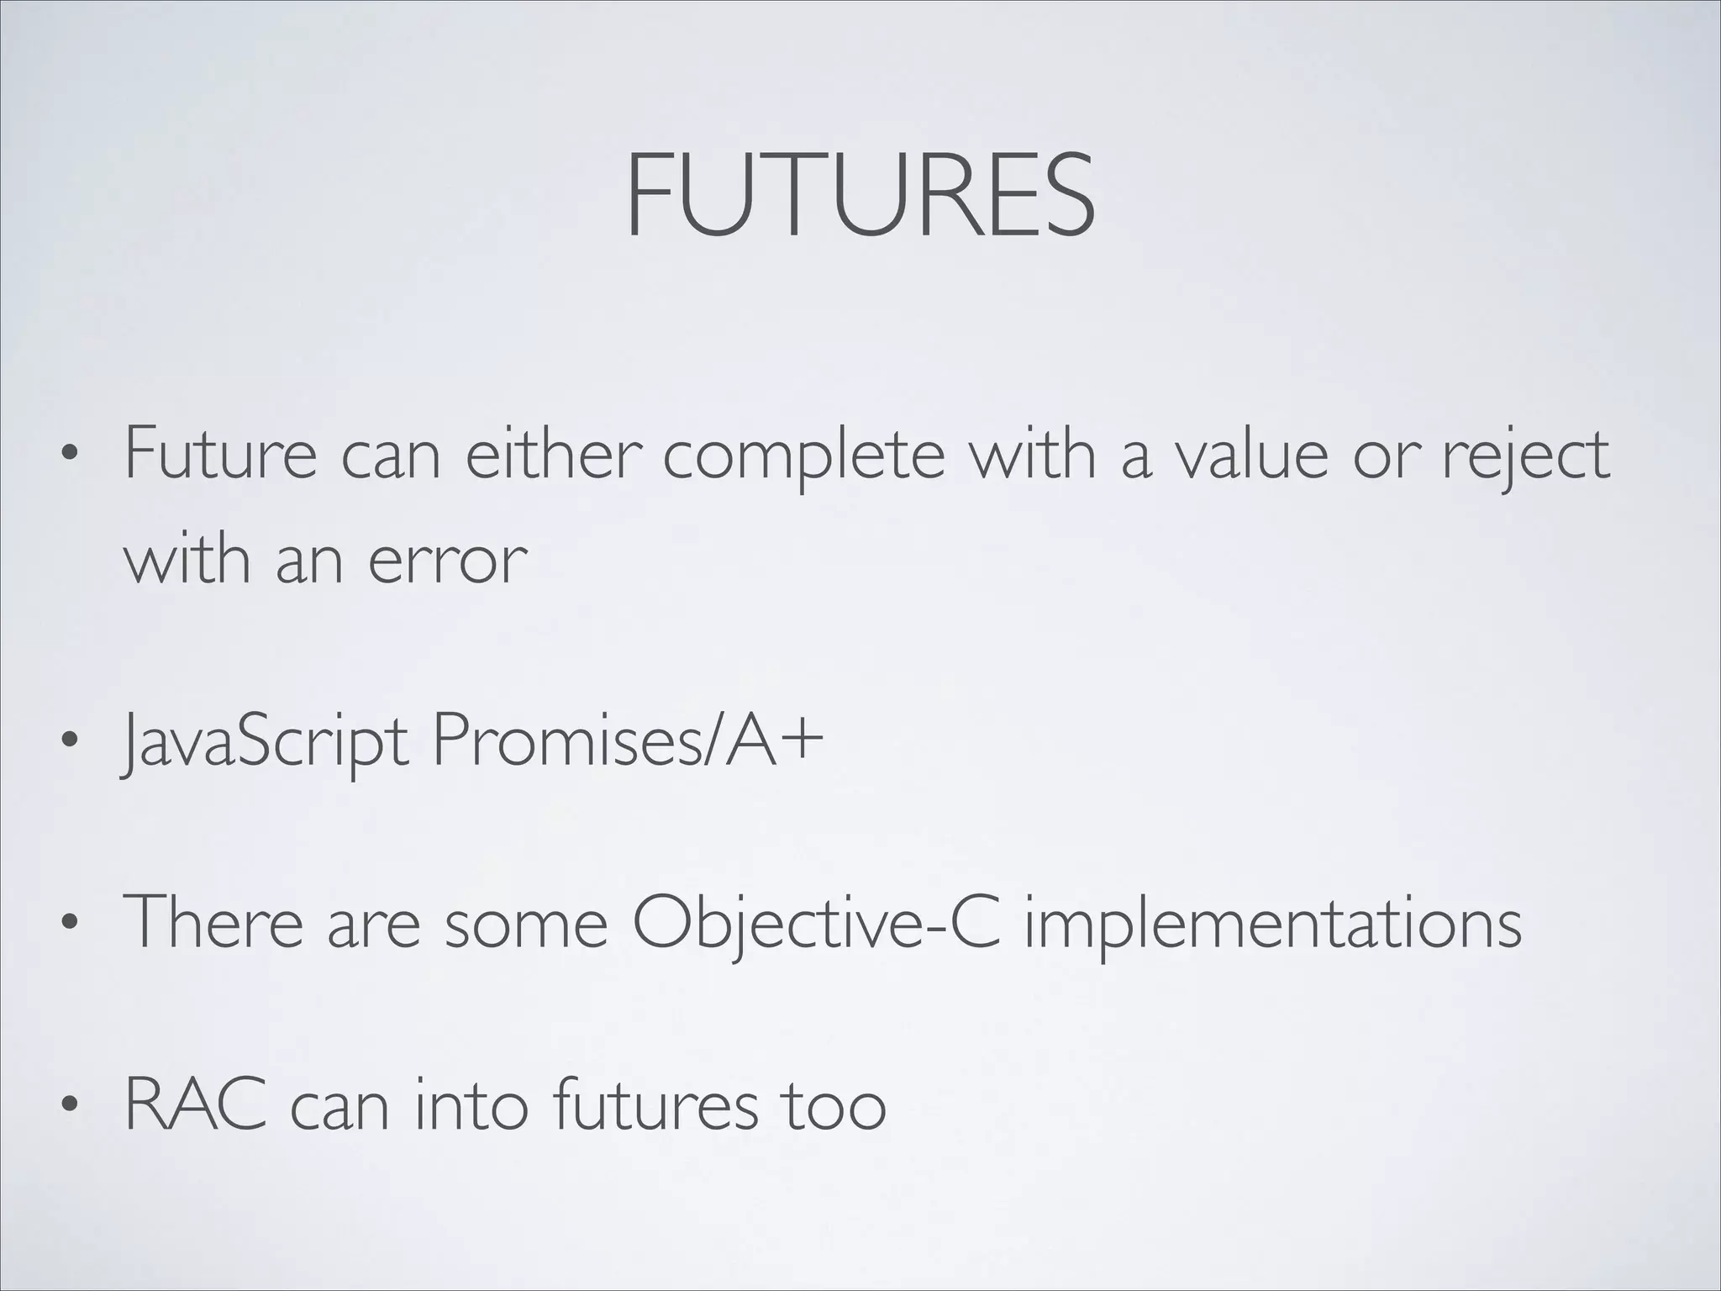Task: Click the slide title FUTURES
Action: tap(860, 195)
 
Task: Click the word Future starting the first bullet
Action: tap(220, 455)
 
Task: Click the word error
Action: tap(447, 561)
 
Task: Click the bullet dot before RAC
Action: tap(70, 1106)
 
